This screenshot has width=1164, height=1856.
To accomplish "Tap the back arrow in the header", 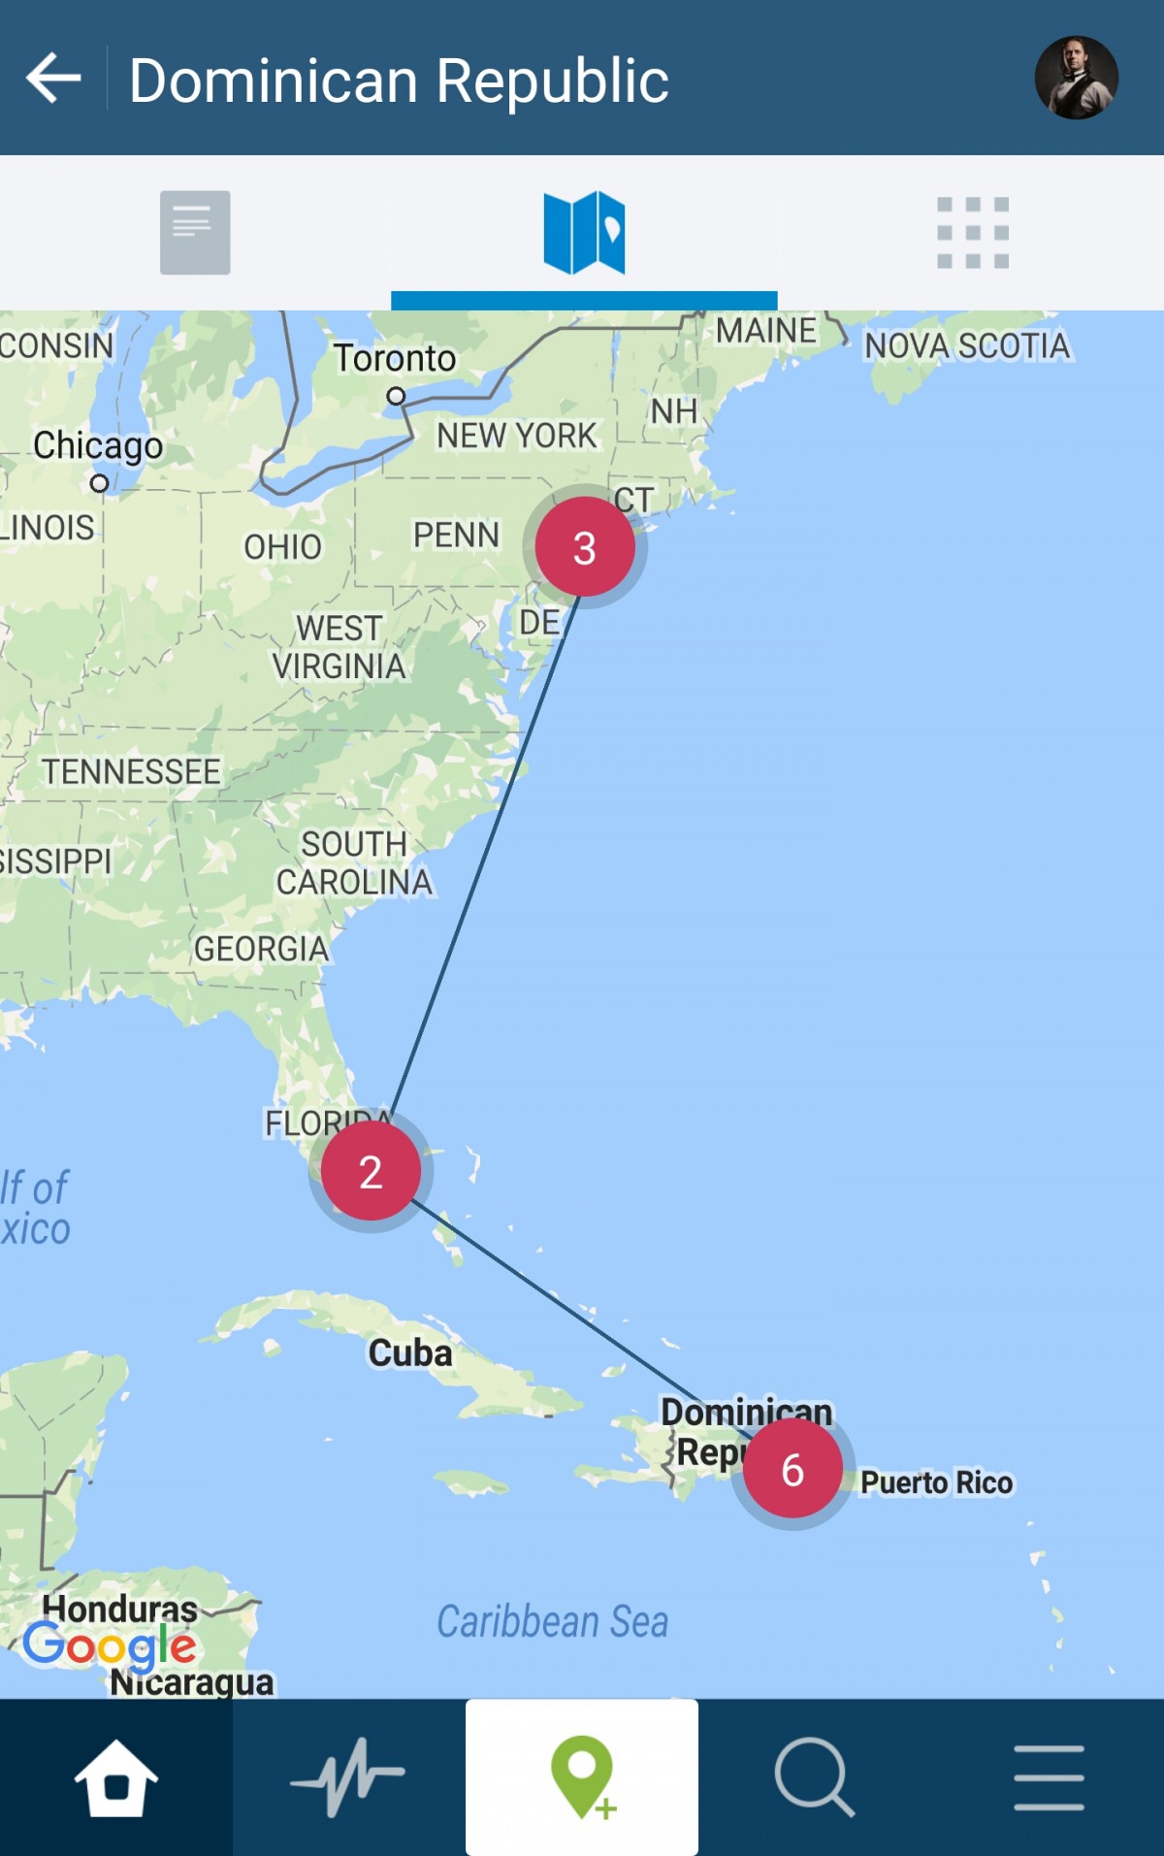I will pyautogui.click(x=53, y=79).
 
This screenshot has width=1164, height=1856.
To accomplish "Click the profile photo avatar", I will pyautogui.click(x=1076, y=78).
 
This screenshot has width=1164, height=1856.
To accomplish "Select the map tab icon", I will pyautogui.click(x=584, y=233).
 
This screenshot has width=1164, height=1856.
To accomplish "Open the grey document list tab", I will pyautogui.click(x=195, y=233).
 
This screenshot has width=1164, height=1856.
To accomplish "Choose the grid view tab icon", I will pyautogui.click(x=973, y=233).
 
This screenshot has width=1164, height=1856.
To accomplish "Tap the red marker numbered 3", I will pyautogui.click(x=584, y=547).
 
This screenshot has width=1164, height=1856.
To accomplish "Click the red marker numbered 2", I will pyautogui.click(x=371, y=1171).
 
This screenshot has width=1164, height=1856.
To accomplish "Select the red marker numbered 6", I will pyautogui.click(x=792, y=1469).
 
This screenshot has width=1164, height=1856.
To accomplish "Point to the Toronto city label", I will pyautogui.click(x=395, y=359).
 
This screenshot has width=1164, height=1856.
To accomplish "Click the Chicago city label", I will pyautogui.click(x=98, y=446).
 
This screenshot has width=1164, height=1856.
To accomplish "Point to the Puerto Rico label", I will pyautogui.click(x=936, y=1482).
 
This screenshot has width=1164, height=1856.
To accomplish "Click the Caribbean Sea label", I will pyautogui.click(x=552, y=1621).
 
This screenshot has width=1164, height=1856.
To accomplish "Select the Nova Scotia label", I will pyautogui.click(x=967, y=346).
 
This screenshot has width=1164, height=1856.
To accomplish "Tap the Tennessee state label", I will pyautogui.click(x=131, y=772).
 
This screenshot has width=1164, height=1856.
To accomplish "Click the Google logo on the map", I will pyautogui.click(x=110, y=1645).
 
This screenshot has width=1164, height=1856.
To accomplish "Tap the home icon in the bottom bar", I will pyautogui.click(x=116, y=1777).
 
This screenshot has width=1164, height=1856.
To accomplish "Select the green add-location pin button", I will pyautogui.click(x=582, y=1777).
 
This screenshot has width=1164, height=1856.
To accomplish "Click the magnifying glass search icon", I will pyautogui.click(x=814, y=1777).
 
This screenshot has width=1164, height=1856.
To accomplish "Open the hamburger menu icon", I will pyautogui.click(x=1049, y=1777).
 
